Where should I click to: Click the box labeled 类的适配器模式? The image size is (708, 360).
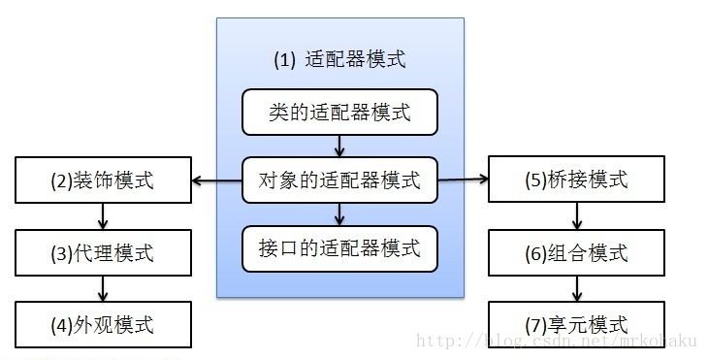[338, 113]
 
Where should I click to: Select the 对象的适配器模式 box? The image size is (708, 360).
[338, 180]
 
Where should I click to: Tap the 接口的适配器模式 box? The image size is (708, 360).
[338, 248]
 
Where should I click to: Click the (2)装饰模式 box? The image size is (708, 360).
[103, 180]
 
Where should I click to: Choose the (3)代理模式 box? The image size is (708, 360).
[103, 254]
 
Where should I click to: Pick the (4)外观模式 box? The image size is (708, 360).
[103, 323]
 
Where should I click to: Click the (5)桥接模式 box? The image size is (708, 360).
[576, 180]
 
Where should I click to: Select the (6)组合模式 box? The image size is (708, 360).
[576, 254]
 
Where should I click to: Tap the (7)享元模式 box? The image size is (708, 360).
[576, 323]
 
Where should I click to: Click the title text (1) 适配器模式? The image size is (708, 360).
[338, 59]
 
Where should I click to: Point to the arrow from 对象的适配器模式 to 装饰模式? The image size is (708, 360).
[215, 180]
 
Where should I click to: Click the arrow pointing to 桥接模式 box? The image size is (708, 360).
[463, 180]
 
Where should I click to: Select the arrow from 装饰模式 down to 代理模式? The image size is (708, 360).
[103, 216]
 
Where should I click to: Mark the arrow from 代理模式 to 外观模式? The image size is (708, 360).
[103, 288]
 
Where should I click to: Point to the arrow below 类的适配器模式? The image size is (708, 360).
[338, 146]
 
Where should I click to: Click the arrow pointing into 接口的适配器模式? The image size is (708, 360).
[338, 213]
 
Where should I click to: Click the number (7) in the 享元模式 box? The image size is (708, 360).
[535, 324]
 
